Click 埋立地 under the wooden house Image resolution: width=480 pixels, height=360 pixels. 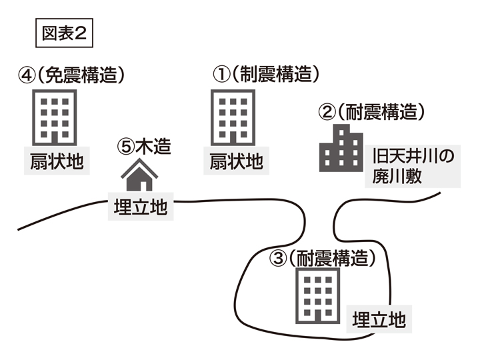141,208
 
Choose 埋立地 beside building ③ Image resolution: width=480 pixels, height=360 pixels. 379,318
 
